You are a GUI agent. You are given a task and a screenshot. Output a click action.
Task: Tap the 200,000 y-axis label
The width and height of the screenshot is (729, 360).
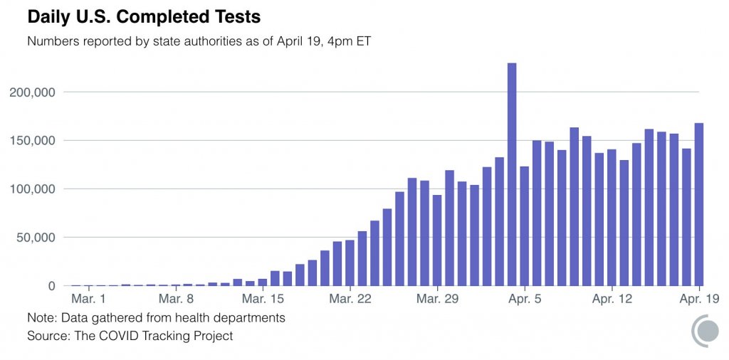click(33, 92)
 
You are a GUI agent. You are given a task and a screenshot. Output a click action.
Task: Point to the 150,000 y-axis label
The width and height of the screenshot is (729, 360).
click(33, 141)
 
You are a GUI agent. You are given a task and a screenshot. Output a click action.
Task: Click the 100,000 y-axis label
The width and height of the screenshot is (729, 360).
click(33, 189)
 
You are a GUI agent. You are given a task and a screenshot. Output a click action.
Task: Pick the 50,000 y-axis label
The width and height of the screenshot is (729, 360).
click(36, 238)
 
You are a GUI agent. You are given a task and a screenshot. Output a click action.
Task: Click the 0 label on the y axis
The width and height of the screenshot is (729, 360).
click(52, 286)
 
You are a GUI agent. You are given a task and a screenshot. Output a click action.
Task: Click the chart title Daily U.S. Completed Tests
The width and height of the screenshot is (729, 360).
click(144, 16)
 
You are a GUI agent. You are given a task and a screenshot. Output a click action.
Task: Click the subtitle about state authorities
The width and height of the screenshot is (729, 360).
click(199, 41)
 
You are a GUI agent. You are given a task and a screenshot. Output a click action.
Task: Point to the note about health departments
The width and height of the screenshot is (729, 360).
click(156, 318)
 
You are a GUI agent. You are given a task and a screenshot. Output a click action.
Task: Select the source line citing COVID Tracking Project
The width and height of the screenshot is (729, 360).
click(130, 335)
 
